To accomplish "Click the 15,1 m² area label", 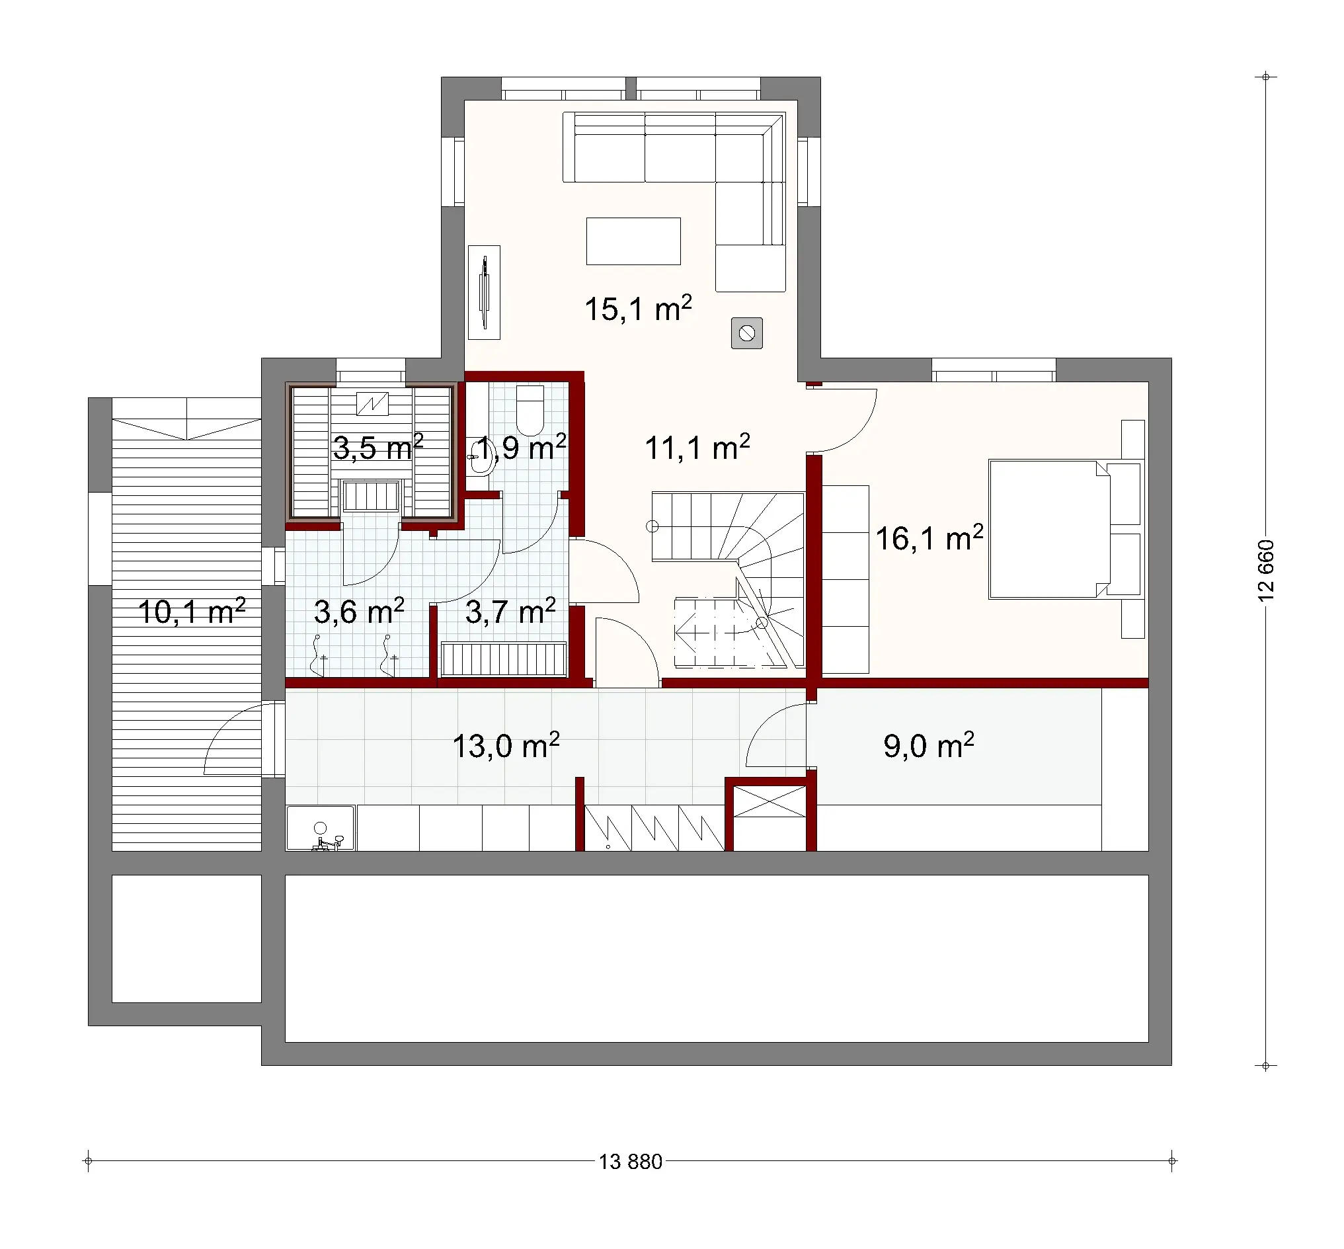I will pyautogui.click(x=637, y=309).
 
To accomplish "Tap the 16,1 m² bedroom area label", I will pyautogui.click(x=928, y=539).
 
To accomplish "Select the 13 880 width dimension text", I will pyautogui.click(x=630, y=1161).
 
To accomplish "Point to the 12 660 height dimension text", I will pyautogui.click(x=1265, y=571).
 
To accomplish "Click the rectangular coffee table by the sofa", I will pyautogui.click(x=633, y=241).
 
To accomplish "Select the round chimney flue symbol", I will pyautogui.click(x=746, y=333).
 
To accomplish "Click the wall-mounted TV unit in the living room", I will pyautogui.click(x=484, y=292).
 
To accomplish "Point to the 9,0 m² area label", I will pyautogui.click(x=928, y=745).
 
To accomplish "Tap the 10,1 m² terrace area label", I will pyautogui.click(x=190, y=612).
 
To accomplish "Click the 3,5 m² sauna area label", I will pyautogui.click(x=377, y=448).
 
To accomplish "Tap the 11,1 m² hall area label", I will pyautogui.click(x=697, y=448).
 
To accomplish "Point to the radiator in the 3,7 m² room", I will pyautogui.click(x=503, y=659).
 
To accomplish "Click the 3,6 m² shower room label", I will pyautogui.click(x=358, y=612).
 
